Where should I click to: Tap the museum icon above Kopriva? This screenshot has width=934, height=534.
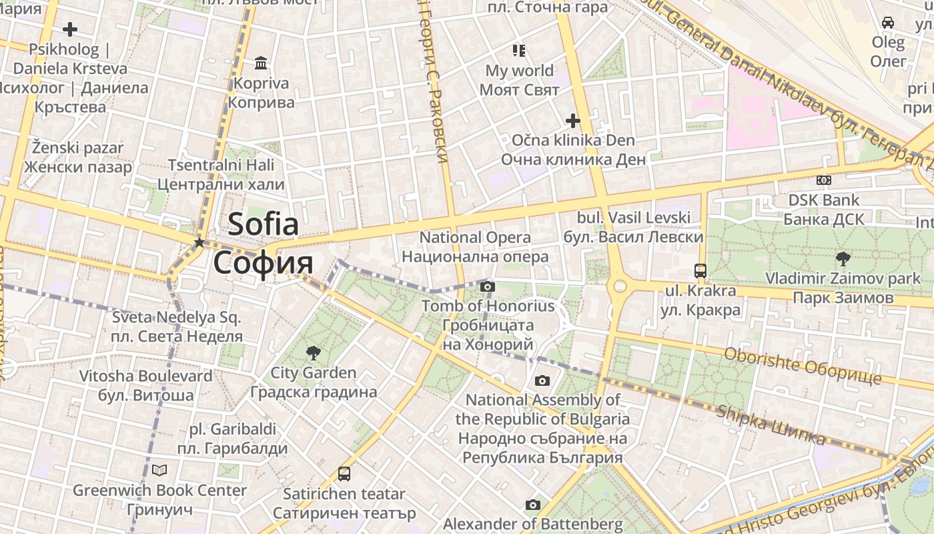point(261,63)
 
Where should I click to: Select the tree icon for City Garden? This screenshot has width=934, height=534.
point(313,353)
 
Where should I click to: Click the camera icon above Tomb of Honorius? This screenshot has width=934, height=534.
point(488,286)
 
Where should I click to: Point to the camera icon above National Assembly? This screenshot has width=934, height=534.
point(542,380)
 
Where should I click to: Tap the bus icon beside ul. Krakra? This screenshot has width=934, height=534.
point(700,270)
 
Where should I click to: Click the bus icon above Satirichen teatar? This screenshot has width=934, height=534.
point(344,474)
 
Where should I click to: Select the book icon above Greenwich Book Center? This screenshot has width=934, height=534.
point(159,470)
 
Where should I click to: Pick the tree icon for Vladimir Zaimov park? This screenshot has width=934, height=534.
point(843,258)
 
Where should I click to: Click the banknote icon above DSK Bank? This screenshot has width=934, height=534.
point(824,180)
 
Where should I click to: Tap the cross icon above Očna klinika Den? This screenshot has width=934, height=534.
point(572,121)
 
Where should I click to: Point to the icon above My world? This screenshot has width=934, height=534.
point(519,50)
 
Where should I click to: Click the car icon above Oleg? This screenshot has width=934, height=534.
point(888,23)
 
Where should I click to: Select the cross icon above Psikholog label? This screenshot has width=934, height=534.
point(69,29)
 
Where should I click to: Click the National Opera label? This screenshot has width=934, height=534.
point(475,247)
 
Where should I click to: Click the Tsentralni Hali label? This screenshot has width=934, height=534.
point(221,174)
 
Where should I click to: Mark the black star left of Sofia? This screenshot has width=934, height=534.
point(199,242)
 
